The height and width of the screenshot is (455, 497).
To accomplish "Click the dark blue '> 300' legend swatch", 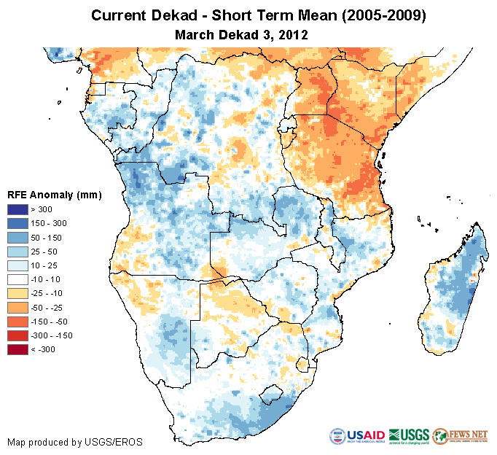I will coord(18,209).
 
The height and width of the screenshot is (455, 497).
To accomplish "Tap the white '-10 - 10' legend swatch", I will coord(18,279).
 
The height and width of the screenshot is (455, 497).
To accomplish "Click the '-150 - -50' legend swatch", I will coord(18,322).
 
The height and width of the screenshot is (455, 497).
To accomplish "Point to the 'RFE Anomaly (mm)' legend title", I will coord(55,195).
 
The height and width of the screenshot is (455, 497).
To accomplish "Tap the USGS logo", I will coord(409,436).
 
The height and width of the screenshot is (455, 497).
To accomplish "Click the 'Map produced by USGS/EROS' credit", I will coord(75,442).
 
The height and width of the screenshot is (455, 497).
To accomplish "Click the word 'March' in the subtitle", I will coord(195,34).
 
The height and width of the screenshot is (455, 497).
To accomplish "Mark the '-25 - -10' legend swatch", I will coord(18,293).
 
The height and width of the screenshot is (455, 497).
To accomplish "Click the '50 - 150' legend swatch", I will coord(18,237).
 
